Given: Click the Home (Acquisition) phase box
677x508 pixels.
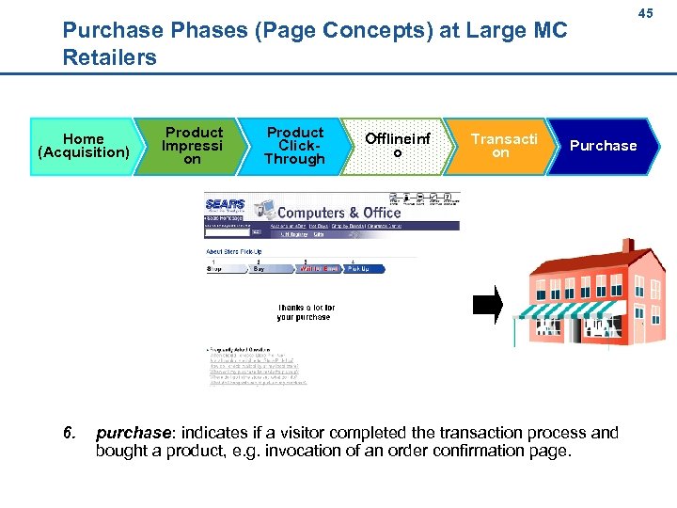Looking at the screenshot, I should pos(83,145).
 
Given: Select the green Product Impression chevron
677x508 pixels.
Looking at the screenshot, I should pos(192,145).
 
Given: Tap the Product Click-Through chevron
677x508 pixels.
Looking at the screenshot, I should pos(294,145).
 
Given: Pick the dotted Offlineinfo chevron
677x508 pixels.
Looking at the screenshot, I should pos(398,145).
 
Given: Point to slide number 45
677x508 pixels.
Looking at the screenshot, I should pos(645,14).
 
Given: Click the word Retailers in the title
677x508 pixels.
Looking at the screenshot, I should pos(109,57).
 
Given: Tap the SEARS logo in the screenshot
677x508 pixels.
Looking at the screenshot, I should pos(226,204).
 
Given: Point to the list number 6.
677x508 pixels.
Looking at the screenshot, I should pos(68,433).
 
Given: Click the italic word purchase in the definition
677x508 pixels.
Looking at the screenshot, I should pos(132,433).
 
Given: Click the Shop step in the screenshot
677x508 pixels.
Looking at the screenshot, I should pos(215,268).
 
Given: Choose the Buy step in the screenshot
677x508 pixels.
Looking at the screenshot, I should pos(259,268).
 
